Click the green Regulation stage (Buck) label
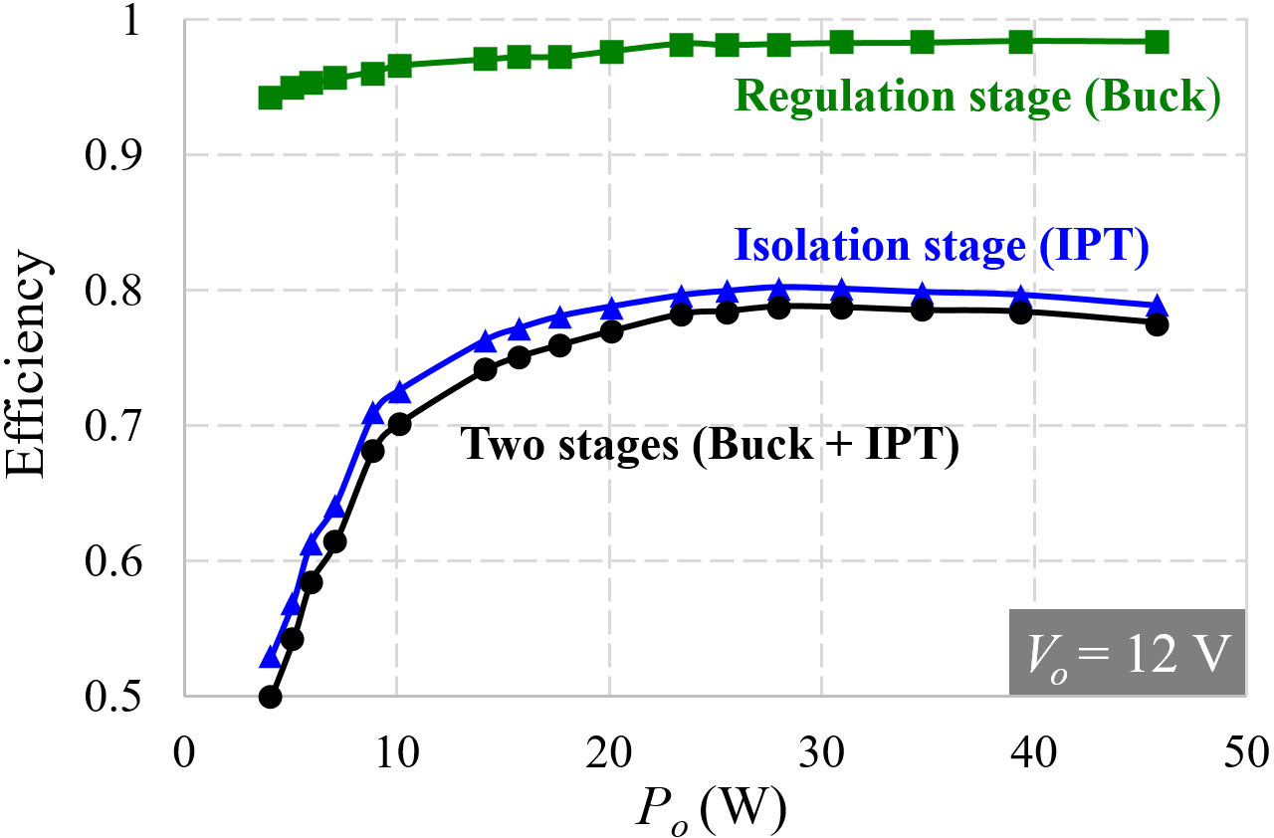coord(976,100)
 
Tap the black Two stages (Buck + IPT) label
coord(710,445)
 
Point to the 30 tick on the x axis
coord(821,748)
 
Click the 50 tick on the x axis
coord(1245,748)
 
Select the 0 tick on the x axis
coord(183,748)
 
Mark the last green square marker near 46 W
coord(1157,42)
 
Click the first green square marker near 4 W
coord(270,98)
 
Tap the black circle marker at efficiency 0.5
coord(270,697)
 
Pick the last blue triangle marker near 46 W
coord(1157,307)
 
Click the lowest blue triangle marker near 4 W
coord(270,658)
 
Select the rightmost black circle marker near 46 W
coord(1157,323)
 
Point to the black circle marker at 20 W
coord(611,331)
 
